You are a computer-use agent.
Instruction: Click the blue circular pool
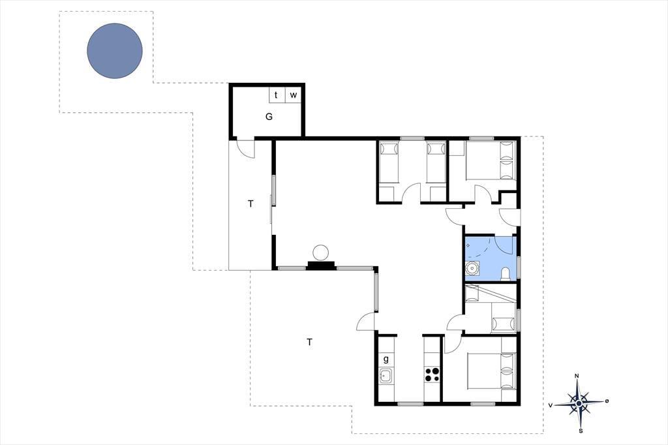(x=115, y=51)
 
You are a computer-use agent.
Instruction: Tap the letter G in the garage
(x=269, y=116)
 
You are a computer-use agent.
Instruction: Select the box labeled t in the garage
(x=277, y=95)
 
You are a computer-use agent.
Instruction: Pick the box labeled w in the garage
(x=293, y=95)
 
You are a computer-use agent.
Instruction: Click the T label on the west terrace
(x=250, y=204)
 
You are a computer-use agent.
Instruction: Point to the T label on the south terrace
(x=309, y=342)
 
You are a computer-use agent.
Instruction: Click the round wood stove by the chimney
(x=321, y=253)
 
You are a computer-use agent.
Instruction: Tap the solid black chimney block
(x=321, y=266)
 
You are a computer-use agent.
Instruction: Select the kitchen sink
(x=386, y=376)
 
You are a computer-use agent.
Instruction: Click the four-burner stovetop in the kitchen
(x=432, y=375)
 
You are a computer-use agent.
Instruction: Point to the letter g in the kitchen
(x=386, y=359)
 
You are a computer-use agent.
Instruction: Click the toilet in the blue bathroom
(x=505, y=273)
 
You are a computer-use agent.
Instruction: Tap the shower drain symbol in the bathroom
(x=468, y=246)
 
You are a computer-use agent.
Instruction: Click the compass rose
(x=579, y=403)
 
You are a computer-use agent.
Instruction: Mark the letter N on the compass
(x=577, y=376)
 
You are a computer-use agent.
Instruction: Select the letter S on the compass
(x=581, y=431)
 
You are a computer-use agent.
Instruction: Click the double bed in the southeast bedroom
(x=492, y=371)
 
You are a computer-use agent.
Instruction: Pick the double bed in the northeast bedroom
(x=491, y=160)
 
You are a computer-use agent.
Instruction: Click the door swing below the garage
(x=246, y=149)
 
